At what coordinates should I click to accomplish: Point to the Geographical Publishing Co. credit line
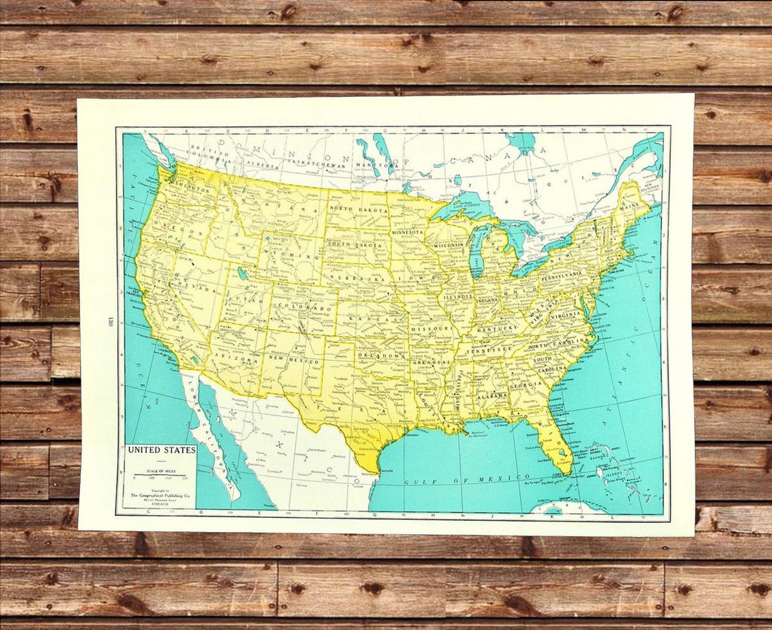pos(159,494)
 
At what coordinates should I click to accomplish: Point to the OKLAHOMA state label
pos(382,355)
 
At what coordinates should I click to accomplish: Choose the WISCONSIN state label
pos(448,244)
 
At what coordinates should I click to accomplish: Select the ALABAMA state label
pos(493,394)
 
